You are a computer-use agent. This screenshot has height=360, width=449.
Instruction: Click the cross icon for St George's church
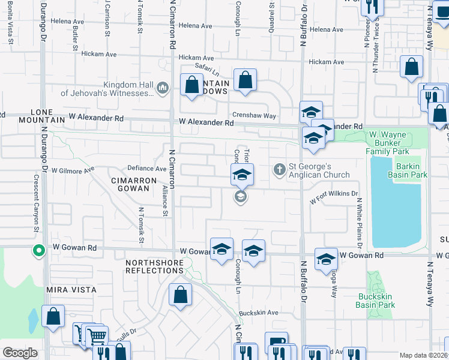pyautogui.click(x=279, y=170)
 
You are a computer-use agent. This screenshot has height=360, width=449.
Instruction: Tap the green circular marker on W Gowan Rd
pyautogui.click(x=39, y=251)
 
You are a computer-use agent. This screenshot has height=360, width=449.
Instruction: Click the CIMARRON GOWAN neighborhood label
pyautogui.click(x=133, y=184)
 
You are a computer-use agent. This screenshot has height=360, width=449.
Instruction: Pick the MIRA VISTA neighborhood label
pyautogui.click(x=71, y=290)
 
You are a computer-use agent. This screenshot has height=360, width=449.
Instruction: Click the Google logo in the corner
pyautogui.click(x=20, y=353)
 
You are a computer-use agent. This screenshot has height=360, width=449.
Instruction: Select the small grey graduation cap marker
pyautogui.click(x=240, y=197)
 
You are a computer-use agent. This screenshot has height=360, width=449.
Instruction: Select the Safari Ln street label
pyautogui.click(x=206, y=69)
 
